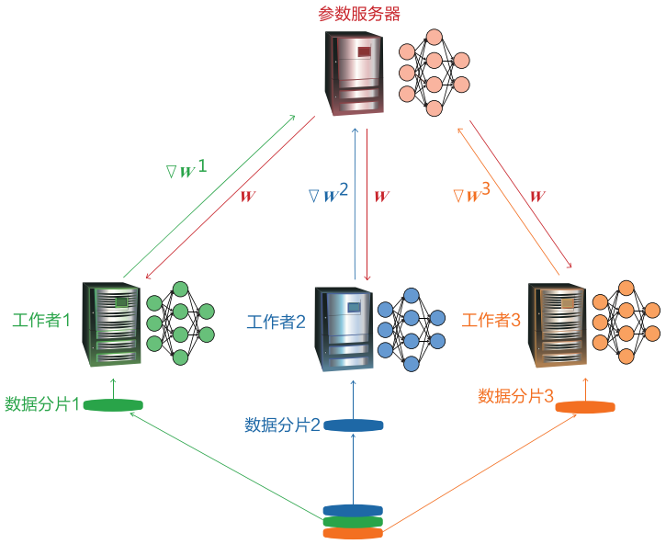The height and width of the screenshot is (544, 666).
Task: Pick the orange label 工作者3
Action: tap(491, 320)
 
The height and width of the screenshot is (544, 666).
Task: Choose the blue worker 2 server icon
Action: tap(344, 327)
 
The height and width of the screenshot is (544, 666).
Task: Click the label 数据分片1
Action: tap(42, 403)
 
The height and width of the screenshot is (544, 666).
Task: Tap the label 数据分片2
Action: tap(282, 425)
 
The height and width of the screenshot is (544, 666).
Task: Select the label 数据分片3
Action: tap(515, 396)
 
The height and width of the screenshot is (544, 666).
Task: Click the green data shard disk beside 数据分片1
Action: tap(114, 405)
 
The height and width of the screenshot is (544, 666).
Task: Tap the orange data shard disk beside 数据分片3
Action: tap(584, 407)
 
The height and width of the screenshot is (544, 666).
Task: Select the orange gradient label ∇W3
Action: tap(472, 194)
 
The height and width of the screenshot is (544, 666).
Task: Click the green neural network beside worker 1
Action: tap(180, 322)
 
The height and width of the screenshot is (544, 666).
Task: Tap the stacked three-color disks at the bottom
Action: tap(353, 521)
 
